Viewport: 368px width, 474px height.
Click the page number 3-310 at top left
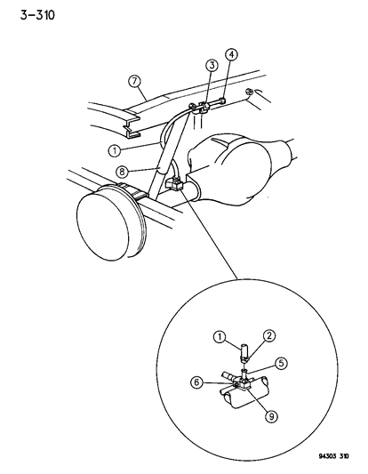(x=37, y=15)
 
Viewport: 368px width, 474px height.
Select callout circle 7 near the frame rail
(x=135, y=82)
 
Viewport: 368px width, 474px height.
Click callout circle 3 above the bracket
(x=212, y=65)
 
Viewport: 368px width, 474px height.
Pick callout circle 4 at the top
(x=231, y=54)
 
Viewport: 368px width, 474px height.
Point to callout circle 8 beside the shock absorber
(x=122, y=172)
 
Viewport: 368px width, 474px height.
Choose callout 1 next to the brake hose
(x=115, y=150)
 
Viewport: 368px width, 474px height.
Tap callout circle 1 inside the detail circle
(x=220, y=336)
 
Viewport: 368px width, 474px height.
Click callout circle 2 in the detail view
(x=269, y=335)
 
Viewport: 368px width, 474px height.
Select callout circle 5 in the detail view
(x=281, y=364)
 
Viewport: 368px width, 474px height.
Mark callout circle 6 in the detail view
(x=197, y=382)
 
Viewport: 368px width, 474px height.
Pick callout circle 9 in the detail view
(x=271, y=416)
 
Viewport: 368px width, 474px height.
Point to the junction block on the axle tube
(x=174, y=184)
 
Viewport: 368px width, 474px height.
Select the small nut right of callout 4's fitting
(x=250, y=91)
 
